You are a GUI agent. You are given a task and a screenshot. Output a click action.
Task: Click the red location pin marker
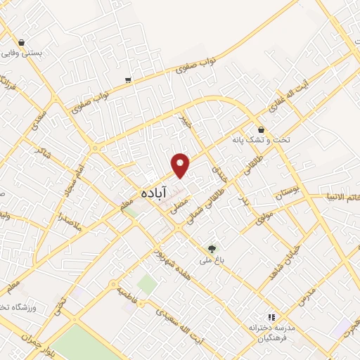coord(181,165)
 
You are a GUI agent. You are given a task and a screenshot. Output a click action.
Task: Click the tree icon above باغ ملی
coord(212,248)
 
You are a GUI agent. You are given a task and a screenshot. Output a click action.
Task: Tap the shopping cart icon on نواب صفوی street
coord(127,79)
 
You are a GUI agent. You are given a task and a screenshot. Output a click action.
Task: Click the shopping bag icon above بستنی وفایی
coord(22,42)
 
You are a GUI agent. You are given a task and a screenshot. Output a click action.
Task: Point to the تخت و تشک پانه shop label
coord(260,140)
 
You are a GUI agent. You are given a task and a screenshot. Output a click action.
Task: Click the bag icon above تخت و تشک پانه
coord(261,129)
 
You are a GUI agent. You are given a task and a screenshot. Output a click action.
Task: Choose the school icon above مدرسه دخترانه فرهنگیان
coord(271,318)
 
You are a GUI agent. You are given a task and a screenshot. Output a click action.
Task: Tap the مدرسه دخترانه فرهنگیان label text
coord(270,333)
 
